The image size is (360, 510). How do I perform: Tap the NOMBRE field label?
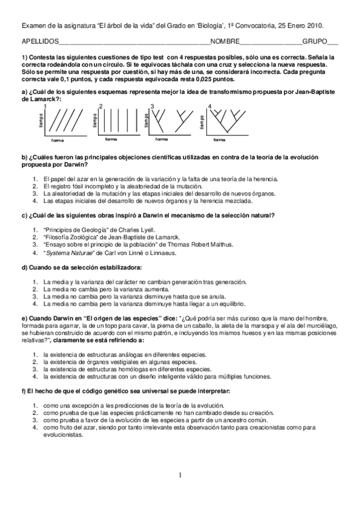(x=225, y=43)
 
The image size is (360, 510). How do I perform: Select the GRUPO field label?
(x=315, y=43)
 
